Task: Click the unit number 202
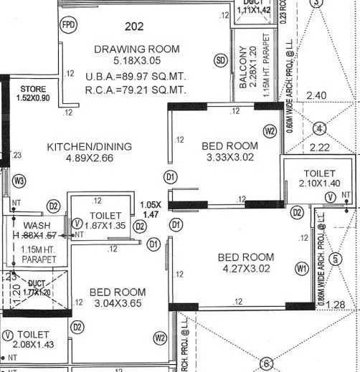[x=133, y=28]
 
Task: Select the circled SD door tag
[x=221, y=61]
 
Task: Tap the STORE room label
[x=32, y=89]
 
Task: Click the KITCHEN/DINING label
[x=90, y=147]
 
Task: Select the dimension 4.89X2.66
[x=90, y=159]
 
